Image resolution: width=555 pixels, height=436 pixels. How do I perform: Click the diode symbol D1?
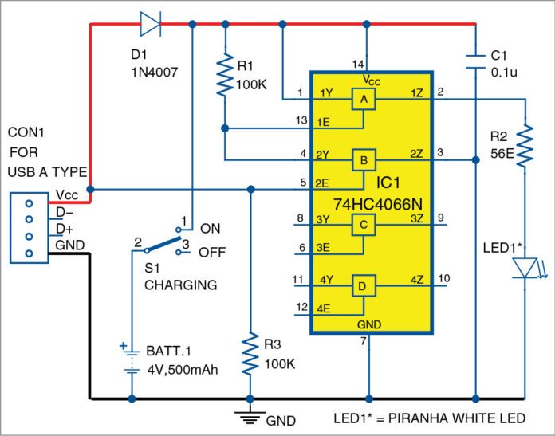coord(151,24)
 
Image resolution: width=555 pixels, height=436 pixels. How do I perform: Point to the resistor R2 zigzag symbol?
coord(526,143)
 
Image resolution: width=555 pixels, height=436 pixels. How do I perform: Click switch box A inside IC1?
coord(364,100)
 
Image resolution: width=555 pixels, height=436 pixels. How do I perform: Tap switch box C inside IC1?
coord(364,226)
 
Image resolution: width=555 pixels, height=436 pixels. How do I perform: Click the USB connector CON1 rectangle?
coord(30,228)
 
